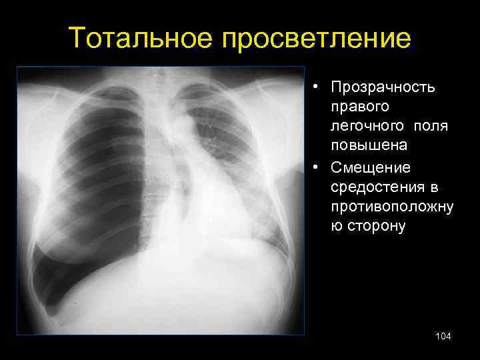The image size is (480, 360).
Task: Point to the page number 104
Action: (x=443, y=337)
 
